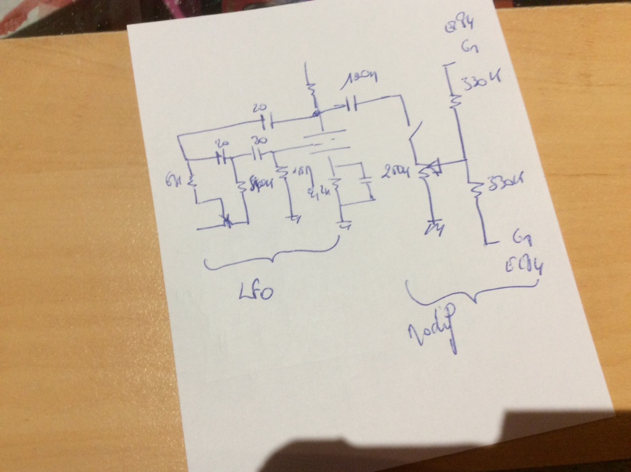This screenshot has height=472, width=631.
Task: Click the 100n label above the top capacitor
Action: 359,78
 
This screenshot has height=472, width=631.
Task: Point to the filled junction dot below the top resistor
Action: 316,114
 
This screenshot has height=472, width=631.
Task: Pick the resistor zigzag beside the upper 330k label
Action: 455,99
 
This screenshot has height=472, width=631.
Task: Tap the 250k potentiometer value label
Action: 396,172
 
